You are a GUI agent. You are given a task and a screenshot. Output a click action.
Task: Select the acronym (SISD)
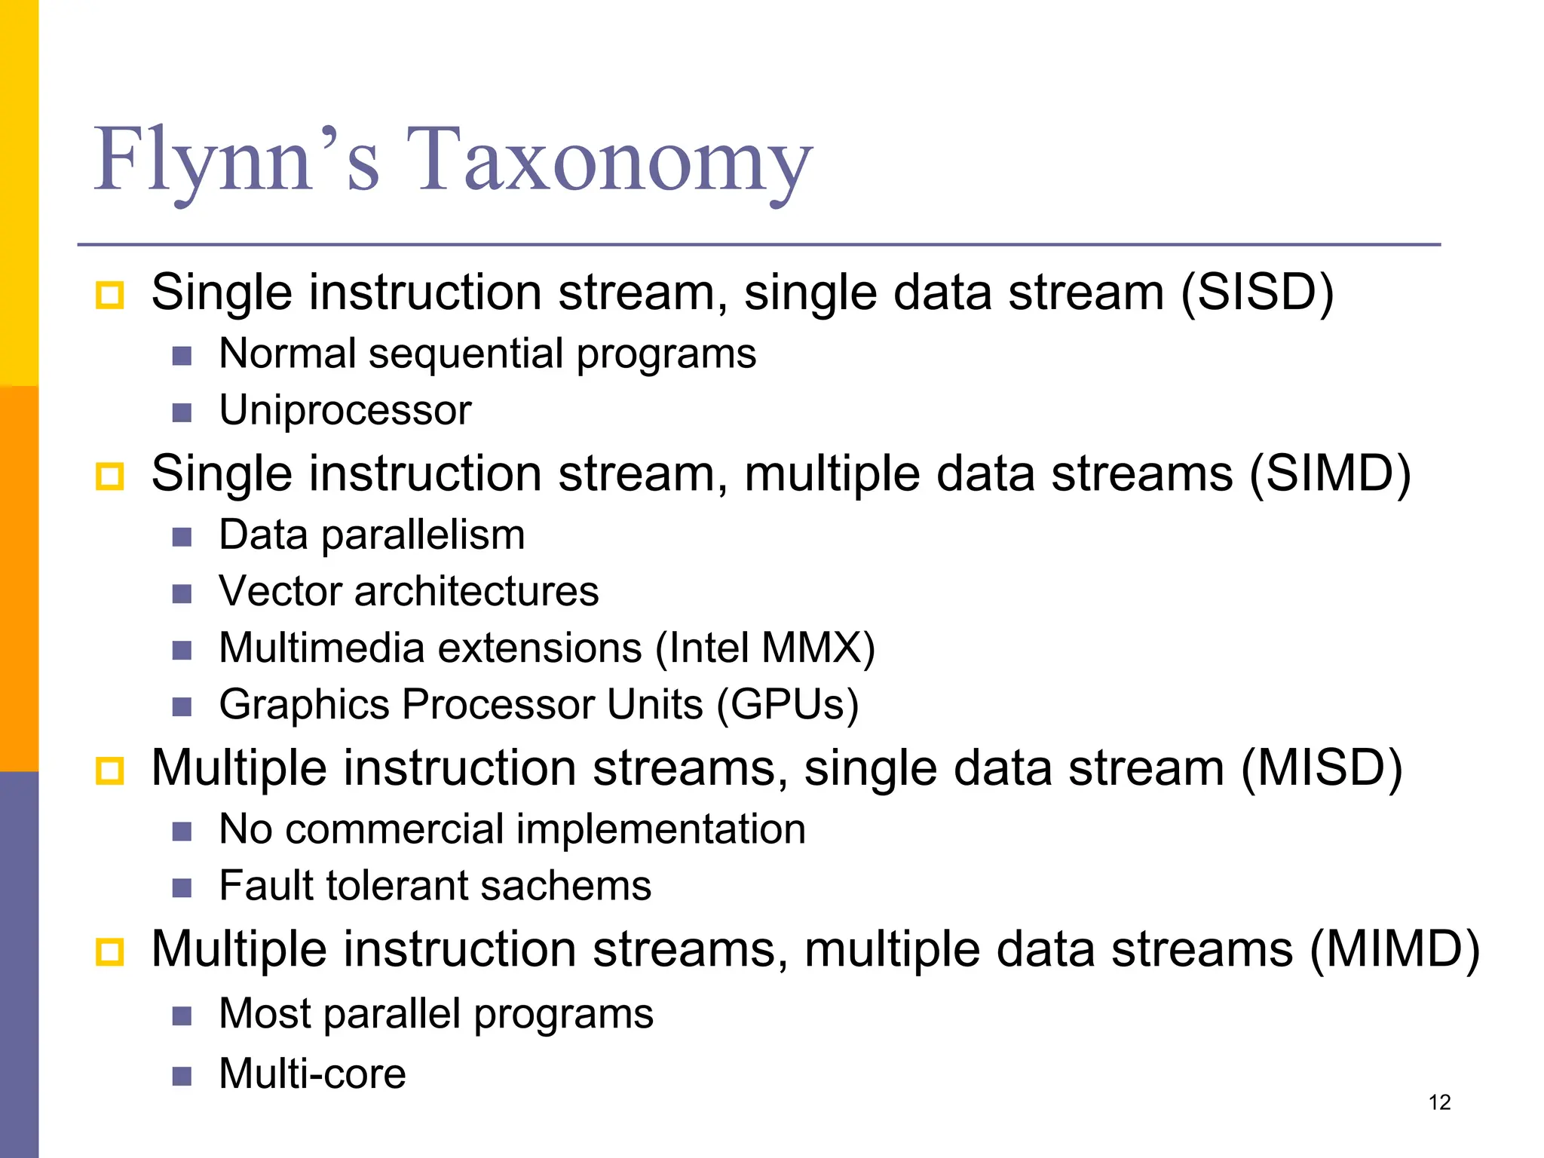tap(1257, 293)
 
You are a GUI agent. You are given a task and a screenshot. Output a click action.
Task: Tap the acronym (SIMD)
tap(1329, 474)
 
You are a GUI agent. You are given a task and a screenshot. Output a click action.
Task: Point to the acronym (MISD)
tap(1321, 768)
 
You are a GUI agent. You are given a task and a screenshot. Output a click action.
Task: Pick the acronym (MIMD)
tap(1394, 949)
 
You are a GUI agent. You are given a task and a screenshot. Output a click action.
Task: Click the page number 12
tap(1439, 1103)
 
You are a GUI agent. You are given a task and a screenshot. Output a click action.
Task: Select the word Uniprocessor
tap(345, 411)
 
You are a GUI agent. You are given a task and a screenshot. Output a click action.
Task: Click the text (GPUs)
tap(787, 705)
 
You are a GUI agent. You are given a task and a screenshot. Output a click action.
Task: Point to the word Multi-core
tap(312, 1074)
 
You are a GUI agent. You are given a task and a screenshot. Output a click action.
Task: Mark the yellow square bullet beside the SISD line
tap(110, 295)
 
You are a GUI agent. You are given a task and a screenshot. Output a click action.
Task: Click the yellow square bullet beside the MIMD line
tap(110, 952)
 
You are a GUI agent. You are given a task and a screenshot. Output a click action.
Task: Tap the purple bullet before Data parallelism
tap(182, 537)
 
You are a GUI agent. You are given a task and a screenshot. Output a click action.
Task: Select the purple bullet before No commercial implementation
tap(182, 831)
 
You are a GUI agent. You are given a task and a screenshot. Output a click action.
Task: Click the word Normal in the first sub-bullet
tap(287, 354)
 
